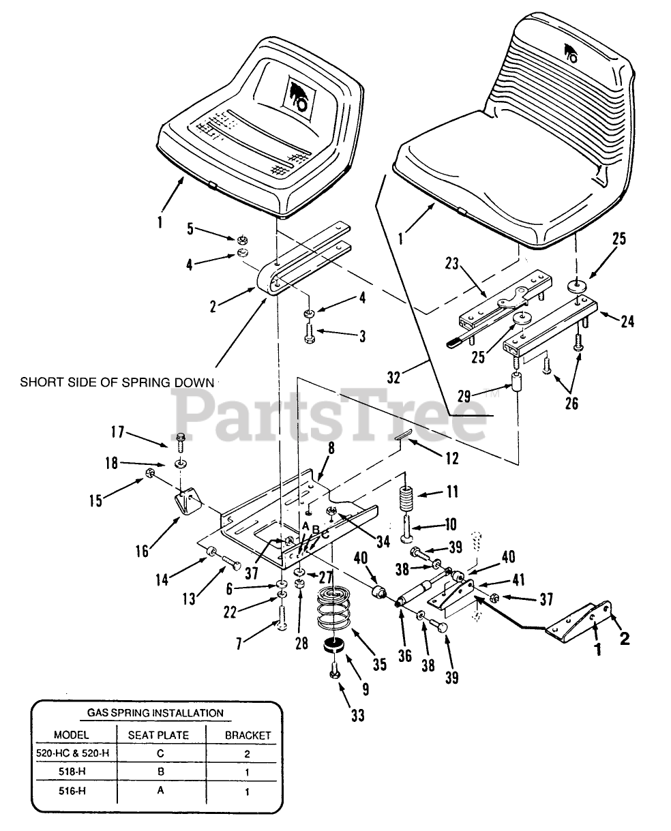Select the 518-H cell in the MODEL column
point(70,772)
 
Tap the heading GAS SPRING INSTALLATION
point(155,713)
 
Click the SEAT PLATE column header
point(158,735)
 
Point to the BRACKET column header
point(248,736)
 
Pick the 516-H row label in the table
point(70,791)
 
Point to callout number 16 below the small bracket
point(142,550)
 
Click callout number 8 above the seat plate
point(331,449)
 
